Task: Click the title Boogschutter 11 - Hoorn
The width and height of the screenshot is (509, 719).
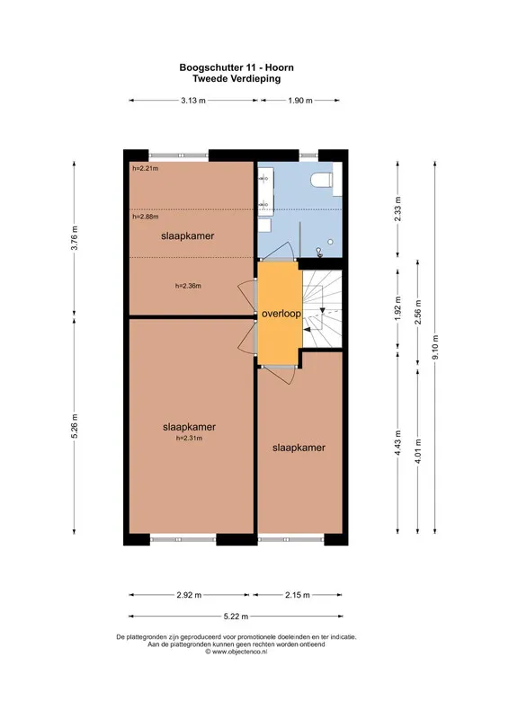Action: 237,67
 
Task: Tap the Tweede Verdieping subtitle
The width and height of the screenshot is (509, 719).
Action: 237,78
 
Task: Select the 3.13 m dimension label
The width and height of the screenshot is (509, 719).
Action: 192,101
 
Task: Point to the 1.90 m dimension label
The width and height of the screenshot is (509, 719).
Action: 300,101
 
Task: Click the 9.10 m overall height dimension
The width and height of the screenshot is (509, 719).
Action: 435,347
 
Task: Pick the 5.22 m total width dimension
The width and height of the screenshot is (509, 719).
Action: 236,617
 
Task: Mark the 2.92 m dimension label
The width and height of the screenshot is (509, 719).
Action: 189,595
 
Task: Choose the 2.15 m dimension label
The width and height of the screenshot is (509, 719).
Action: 298,595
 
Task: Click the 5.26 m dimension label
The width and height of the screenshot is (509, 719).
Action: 75,426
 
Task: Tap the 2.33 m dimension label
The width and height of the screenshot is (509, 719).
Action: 397,209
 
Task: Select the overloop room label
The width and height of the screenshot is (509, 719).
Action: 281,314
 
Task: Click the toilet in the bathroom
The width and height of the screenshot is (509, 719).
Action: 322,180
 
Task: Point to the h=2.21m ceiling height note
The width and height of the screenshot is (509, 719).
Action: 146,168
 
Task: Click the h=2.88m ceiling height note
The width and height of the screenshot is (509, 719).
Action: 146,217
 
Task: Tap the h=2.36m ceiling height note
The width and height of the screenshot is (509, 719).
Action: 188,286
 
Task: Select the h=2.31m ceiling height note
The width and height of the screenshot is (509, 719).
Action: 189,438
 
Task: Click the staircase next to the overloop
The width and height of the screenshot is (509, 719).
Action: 322,309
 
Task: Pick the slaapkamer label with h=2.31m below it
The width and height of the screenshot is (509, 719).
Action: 189,427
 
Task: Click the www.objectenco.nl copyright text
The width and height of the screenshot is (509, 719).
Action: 236,651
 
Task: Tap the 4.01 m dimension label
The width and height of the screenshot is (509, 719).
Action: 417,451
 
